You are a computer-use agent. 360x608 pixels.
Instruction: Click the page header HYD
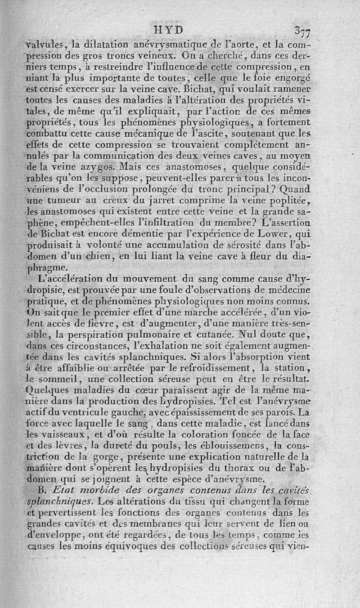point(169,29)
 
